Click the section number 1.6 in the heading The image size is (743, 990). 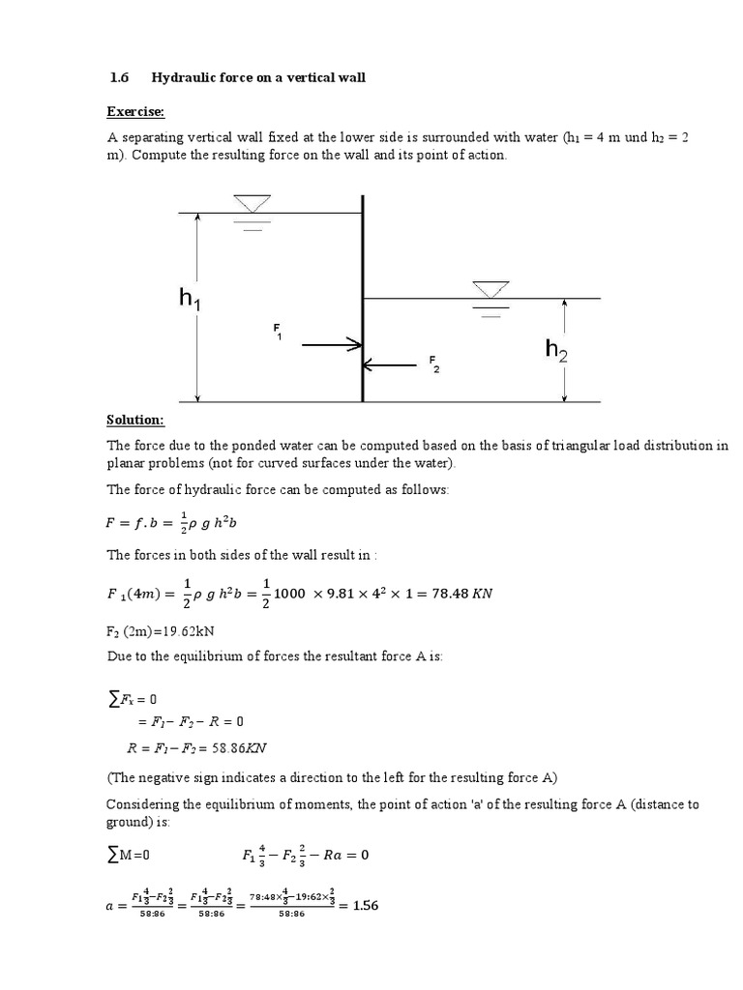point(117,76)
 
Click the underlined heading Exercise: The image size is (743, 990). point(135,112)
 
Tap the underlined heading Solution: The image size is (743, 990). point(135,420)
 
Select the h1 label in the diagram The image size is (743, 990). point(190,301)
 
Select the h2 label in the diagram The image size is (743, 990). point(556,350)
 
